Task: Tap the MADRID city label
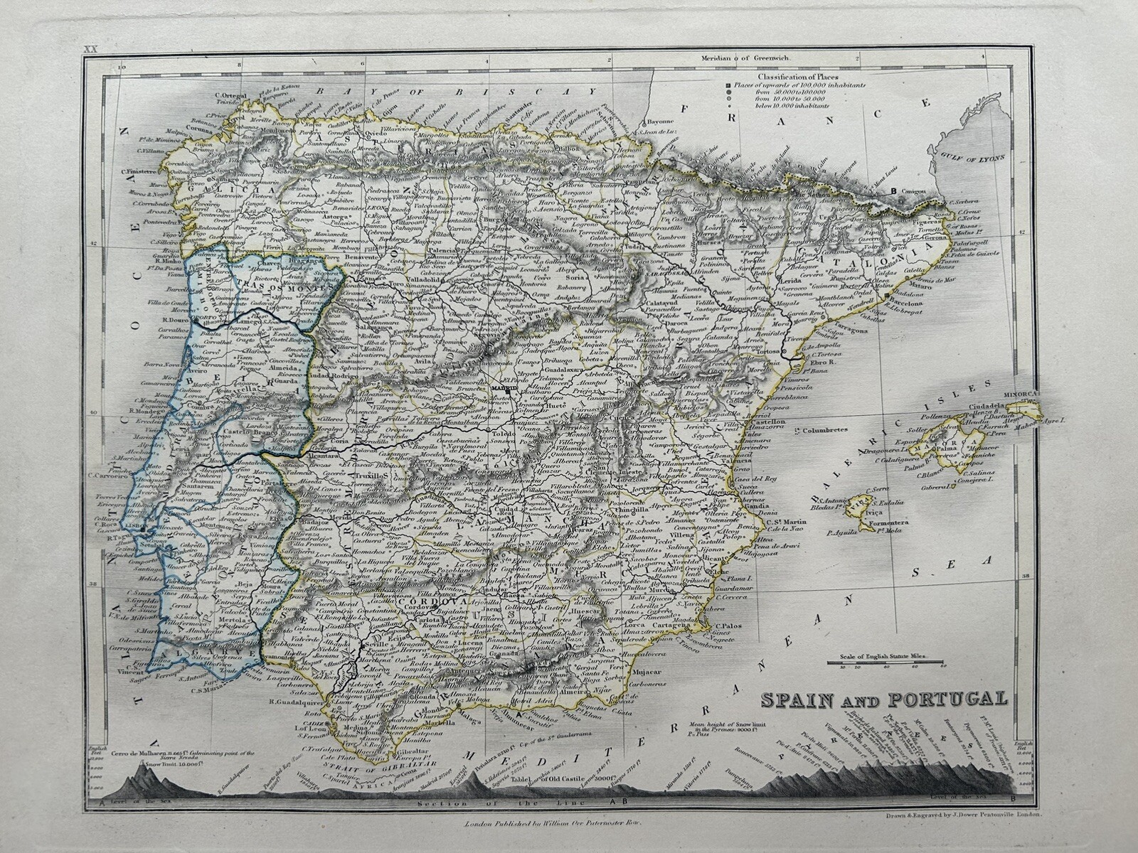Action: coord(504,388)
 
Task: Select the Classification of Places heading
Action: coord(797,76)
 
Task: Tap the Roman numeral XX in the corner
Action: coord(90,49)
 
